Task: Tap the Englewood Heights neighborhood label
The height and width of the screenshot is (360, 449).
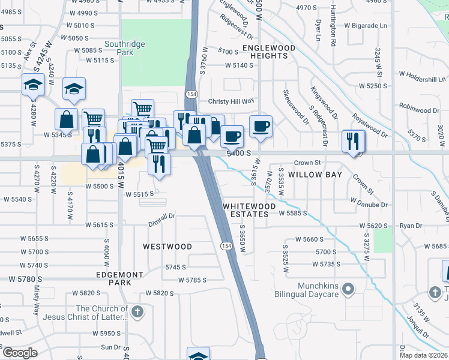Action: click(x=269, y=52)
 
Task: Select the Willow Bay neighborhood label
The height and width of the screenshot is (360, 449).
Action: click(x=315, y=175)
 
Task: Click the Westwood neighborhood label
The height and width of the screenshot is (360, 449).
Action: click(x=167, y=247)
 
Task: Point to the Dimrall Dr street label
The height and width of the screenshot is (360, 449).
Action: click(x=162, y=216)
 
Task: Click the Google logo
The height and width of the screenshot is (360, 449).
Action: click(x=20, y=353)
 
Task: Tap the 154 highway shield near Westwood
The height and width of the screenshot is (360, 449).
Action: click(x=226, y=246)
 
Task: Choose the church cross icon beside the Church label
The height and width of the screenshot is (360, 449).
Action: click(x=137, y=312)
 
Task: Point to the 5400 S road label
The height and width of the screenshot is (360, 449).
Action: click(x=238, y=154)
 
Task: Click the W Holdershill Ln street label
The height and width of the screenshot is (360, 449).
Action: click(x=423, y=79)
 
